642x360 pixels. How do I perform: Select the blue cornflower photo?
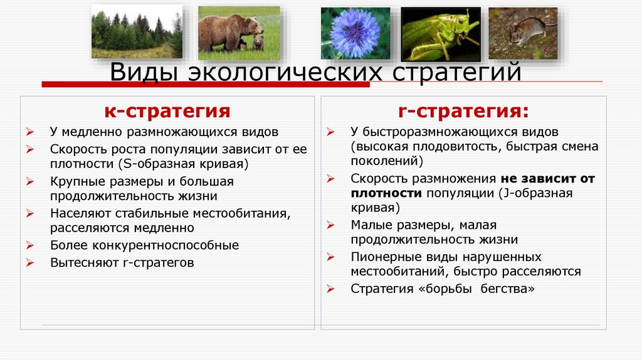[355, 33]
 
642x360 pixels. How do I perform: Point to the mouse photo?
[523, 33]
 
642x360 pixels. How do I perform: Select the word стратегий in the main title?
[457, 71]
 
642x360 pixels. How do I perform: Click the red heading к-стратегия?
[167, 112]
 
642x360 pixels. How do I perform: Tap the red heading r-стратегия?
[463, 112]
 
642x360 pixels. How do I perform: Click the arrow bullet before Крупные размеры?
[30, 182]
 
